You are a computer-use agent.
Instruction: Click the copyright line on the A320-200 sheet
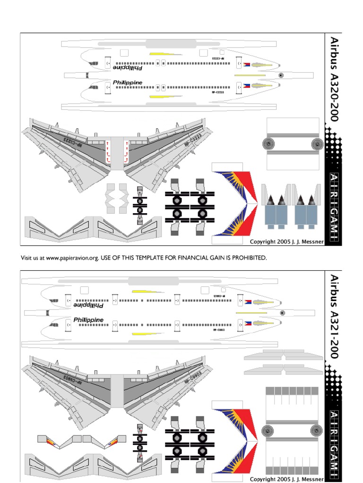(286, 241)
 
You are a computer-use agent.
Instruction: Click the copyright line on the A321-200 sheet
(286, 479)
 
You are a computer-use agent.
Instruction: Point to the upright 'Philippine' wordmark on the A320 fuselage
(127, 82)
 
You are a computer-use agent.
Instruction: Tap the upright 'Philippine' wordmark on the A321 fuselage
(88, 320)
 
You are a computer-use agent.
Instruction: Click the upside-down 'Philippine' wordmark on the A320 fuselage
(127, 67)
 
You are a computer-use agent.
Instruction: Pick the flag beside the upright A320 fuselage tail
(246, 86)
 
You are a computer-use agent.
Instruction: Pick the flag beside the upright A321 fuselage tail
(246, 324)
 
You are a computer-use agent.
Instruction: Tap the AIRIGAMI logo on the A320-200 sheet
(334, 208)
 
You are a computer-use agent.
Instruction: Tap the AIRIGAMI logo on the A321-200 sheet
(334, 445)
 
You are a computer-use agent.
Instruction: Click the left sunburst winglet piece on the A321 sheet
(52, 441)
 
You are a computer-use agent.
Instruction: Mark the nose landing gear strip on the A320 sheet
(139, 205)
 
